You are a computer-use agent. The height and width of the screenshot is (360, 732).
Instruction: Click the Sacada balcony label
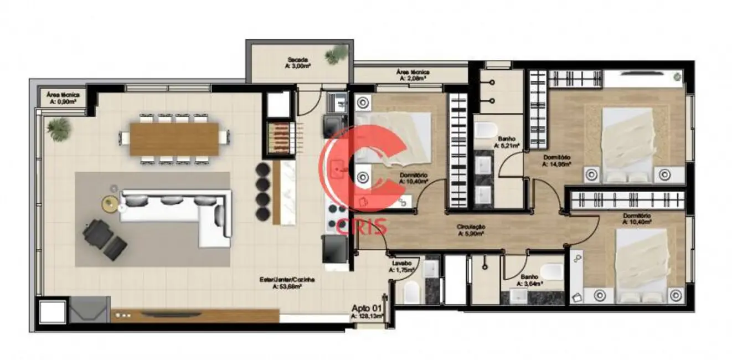pyautogui.click(x=297, y=63)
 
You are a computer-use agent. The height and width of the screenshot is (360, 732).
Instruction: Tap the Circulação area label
pyautogui.click(x=471, y=230)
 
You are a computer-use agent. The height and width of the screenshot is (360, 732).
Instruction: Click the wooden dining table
pyautogui.click(x=174, y=138)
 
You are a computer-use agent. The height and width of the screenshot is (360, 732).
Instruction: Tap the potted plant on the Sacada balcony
pyautogui.click(x=336, y=54)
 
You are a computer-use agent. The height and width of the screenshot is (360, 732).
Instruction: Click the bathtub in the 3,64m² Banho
pyautogui.click(x=551, y=272)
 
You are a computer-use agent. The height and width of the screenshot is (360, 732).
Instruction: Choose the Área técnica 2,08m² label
pyautogui.click(x=413, y=75)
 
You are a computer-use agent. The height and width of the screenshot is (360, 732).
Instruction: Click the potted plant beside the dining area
pyautogui.click(x=59, y=128)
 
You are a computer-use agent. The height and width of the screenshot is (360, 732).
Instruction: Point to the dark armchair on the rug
pyautogui.click(x=98, y=231)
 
